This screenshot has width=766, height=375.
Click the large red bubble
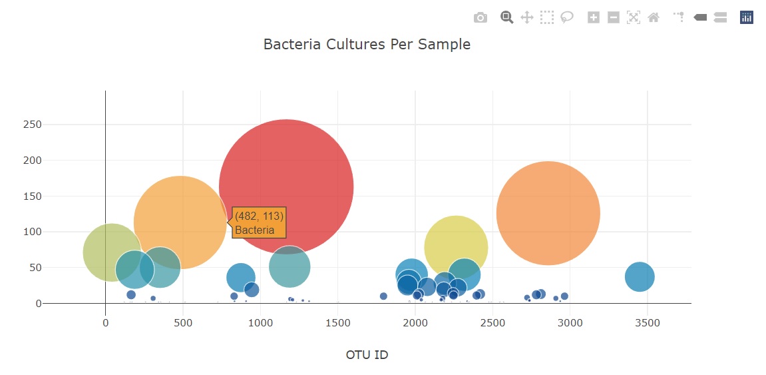(286, 187)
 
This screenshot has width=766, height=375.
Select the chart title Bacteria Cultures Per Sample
(367, 45)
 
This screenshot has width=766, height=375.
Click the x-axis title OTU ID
(367, 354)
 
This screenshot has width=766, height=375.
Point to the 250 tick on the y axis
(33, 125)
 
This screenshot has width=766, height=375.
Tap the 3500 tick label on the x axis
(648, 323)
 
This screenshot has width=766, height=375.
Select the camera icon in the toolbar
(480, 18)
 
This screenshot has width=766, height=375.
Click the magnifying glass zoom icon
(507, 18)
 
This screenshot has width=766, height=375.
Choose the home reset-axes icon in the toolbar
(654, 18)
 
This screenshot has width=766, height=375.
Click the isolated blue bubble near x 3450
(640, 276)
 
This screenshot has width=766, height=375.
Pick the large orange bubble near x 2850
(548, 213)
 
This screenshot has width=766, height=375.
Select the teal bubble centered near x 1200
(289, 267)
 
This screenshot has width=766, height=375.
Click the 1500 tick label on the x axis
(337, 323)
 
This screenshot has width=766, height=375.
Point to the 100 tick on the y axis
(33, 232)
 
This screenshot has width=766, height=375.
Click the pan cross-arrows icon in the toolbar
(527, 18)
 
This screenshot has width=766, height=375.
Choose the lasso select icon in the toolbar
(567, 18)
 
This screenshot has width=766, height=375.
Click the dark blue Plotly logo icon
(747, 18)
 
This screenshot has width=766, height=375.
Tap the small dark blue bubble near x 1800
(383, 296)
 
